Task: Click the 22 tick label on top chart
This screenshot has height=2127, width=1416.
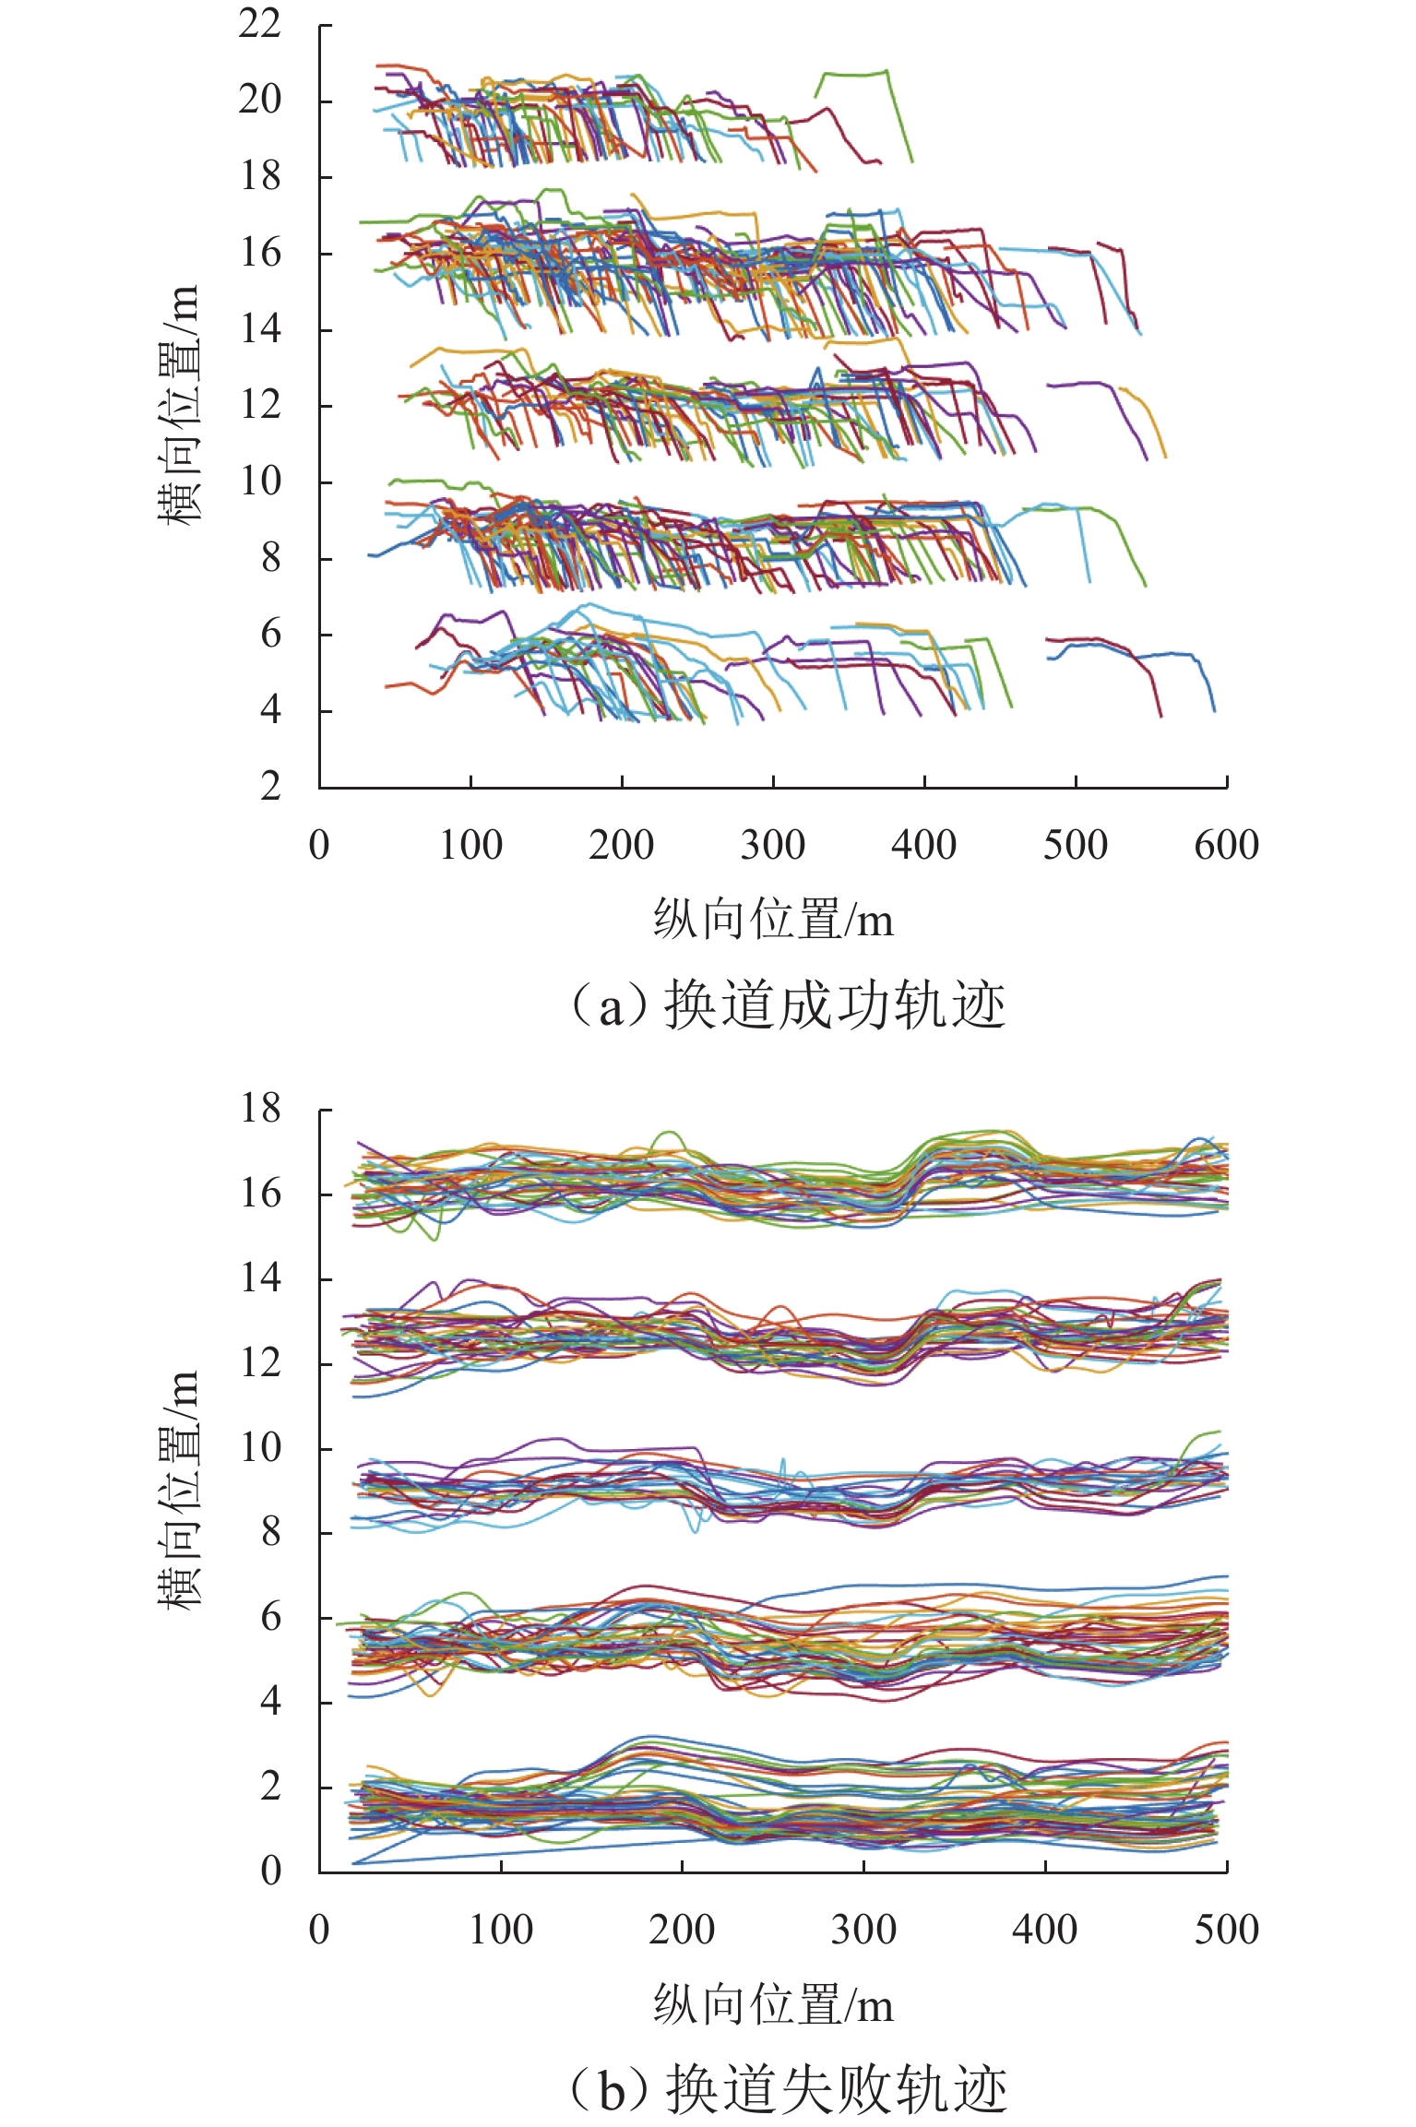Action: (x=259, y=23)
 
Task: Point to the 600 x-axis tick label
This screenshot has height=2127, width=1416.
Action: (x=1226, y=845)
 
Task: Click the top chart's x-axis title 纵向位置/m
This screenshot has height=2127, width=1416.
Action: (x=773, y=920)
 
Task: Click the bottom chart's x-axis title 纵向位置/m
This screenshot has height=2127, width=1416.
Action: (x=773, y=2004)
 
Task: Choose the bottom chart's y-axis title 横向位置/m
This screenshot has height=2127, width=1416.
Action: (x=177, y=1490)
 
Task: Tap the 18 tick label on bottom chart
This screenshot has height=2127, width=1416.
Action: (x=259, y=1109)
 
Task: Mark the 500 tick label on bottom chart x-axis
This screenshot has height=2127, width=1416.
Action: (x=1226, y=1930)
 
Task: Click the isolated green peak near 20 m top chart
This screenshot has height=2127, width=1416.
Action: (x=853, y=74)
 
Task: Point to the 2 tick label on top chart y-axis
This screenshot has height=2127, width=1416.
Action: (x=269, y=787)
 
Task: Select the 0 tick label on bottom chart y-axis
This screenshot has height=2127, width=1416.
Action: (x=269, y=1871)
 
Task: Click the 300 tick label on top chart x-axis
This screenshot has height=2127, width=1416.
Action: (x=773, y=845)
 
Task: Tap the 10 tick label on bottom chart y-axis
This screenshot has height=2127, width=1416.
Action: (x=259, y=1447)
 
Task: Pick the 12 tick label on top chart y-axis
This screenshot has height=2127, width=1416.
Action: (x=259, y=405)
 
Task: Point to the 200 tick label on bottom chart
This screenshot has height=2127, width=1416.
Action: (x=682, y=1930)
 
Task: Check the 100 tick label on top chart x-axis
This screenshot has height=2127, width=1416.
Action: (x=470, y=845)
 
